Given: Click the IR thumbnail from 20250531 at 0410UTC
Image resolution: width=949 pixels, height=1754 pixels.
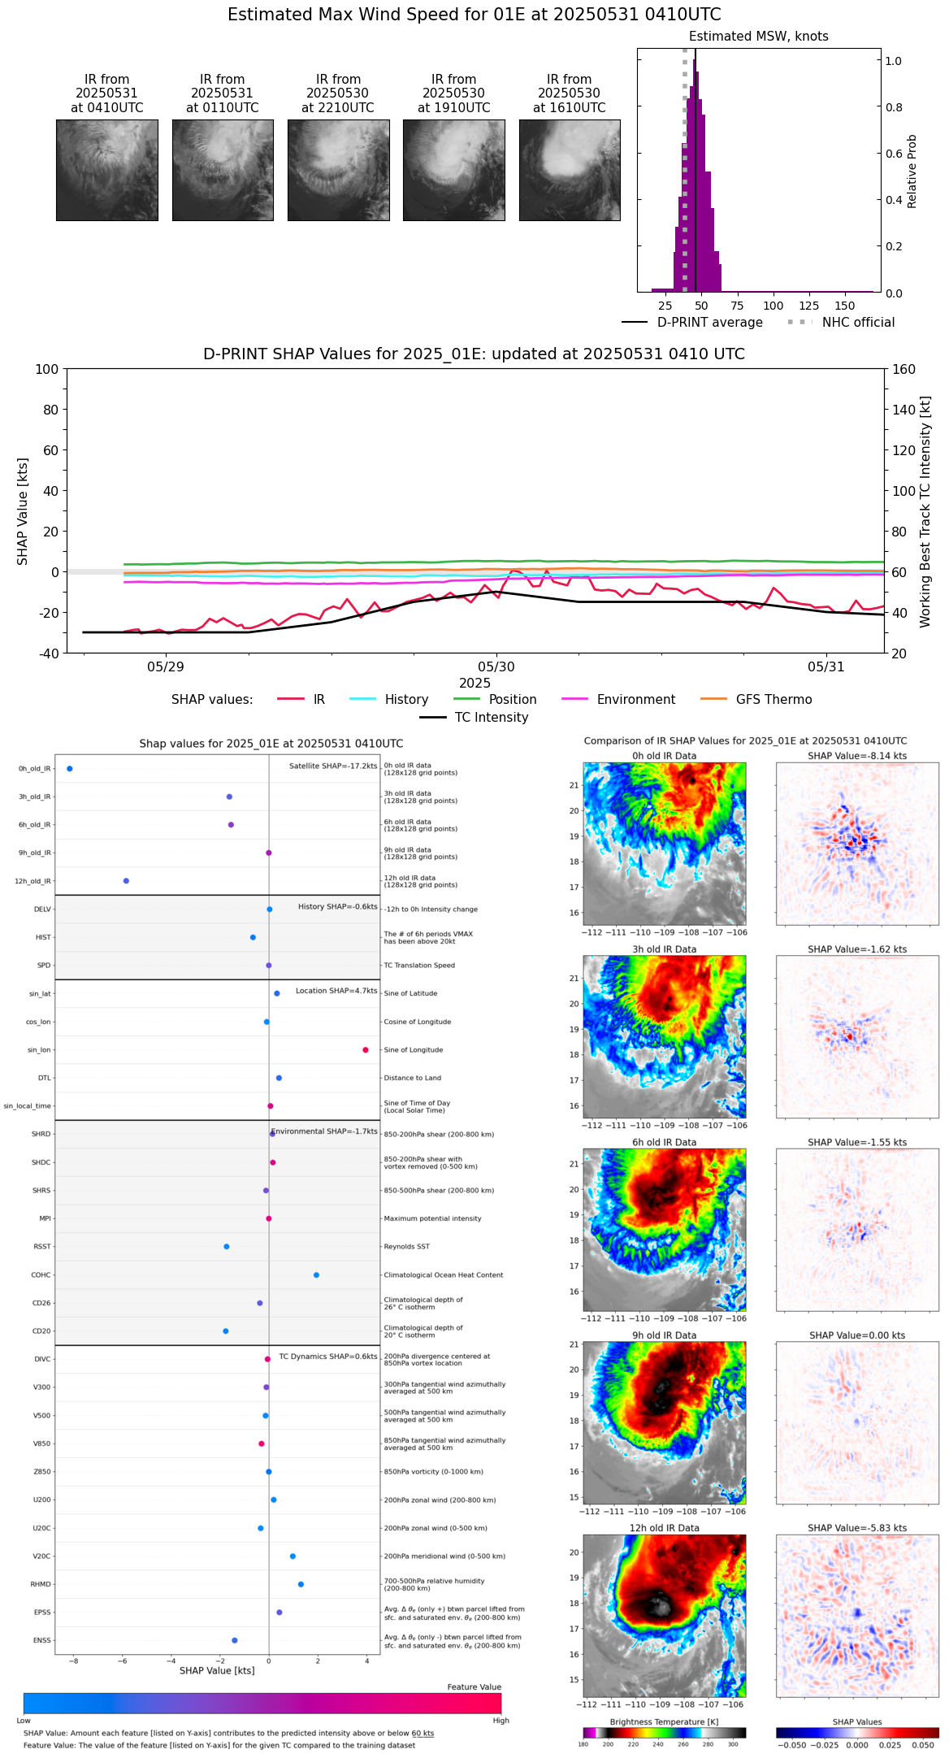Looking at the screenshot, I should coord(106,170).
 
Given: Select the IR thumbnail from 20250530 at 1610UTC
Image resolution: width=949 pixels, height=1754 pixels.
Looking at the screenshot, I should coord(570,170).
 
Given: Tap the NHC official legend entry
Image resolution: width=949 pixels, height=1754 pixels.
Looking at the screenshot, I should coord(858,323).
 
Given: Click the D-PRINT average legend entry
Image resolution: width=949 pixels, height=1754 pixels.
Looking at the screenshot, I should coord(709,323).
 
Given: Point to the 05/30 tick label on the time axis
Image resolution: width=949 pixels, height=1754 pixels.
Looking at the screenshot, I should coord(496,666).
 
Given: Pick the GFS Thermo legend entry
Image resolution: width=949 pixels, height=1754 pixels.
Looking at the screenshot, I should coord(773,700).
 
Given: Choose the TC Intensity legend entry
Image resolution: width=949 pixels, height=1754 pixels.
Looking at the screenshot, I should coord(491,718).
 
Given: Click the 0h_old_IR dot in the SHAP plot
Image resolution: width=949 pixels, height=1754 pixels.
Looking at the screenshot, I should coord(70,769).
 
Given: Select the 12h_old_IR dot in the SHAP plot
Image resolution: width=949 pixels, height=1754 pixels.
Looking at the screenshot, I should coord(126,881).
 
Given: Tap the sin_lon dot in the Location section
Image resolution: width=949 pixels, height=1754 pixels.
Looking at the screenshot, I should coord(366,1050).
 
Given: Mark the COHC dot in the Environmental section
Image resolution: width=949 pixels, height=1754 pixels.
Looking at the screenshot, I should coord(316,1275).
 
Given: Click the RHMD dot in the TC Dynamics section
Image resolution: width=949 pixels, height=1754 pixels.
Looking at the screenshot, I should coord(301,1584).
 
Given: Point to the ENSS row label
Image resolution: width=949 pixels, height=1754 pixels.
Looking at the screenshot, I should coord(41,1640).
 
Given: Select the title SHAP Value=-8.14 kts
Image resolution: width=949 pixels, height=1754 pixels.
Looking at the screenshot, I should coord(857,756).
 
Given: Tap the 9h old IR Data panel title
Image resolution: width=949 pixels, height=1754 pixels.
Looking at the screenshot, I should coord(664,1335).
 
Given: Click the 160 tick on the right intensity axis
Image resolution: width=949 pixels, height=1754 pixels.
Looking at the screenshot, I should coord(903,370).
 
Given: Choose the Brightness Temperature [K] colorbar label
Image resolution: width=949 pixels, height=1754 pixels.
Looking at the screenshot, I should coord(664,1721).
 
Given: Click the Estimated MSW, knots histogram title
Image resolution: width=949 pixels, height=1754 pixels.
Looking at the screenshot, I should coord(758,37).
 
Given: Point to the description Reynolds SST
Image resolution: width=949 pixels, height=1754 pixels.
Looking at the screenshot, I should coord(406,1247).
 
